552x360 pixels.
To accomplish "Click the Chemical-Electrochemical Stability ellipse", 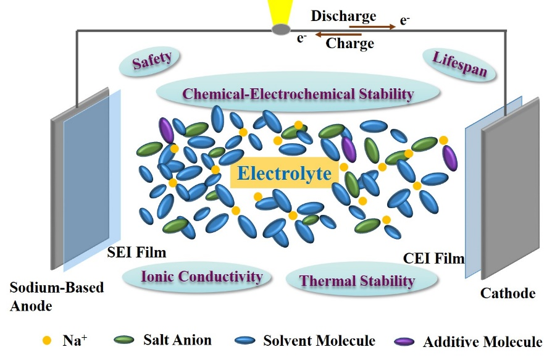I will coord(298,94).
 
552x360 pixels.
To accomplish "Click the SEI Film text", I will coord(136,253).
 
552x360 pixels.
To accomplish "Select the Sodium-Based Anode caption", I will coord(56,296).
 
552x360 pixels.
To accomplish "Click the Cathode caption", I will coord(507,294).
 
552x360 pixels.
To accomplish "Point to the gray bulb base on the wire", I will coord(282,29).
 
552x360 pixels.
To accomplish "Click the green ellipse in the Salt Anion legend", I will coord(126,340).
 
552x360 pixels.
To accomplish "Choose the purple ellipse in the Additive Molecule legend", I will coord(405,341).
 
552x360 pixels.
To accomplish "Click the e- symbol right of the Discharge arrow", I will coord(405,20).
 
